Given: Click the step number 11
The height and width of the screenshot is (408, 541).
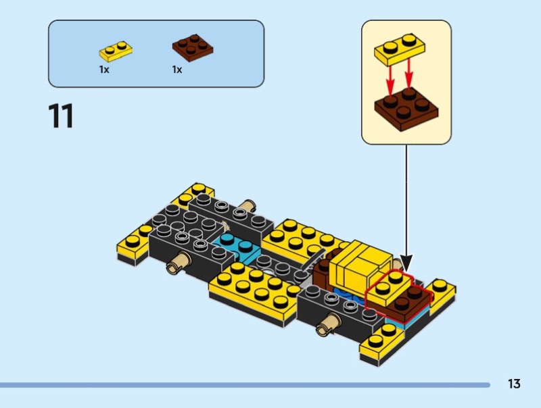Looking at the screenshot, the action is pyautogui.click(x=61, y=116).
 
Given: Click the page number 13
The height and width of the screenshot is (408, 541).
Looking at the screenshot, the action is pyautogui.click(x=514, y=384).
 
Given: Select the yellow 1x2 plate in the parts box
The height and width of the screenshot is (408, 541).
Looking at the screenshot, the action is pyautogui.click(x=116, y=51).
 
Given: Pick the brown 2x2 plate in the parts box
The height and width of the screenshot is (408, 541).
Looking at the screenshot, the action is pyautogui.click(x=193, y=47).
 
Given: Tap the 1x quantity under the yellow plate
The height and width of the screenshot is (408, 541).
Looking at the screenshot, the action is pyautogui.click(x=104, y=70).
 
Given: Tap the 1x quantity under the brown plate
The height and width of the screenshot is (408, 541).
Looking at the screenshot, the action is pyautogui.click(x=177, y=70).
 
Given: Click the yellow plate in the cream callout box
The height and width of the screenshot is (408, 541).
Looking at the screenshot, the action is pyautogui.click(x=400, y=49).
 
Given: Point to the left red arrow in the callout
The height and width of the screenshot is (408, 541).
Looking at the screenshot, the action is pyautogui.click(x=390, y=80).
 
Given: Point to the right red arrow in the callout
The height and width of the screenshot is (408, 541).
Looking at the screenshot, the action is pyautogui.click(x=409, y=74).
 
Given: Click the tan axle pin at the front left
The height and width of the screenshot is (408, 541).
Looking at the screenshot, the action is pyautogui.click(x=179, y=262).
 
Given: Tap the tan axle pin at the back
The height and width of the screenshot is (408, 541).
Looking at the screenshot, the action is pyautogui.click(x=248, y=206).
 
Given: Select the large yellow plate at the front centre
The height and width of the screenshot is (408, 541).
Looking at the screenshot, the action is pyautogui.click(x=254, y=293).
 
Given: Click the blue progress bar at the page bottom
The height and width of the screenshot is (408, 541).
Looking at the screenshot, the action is pyautogui.click(x=245, y=385).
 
